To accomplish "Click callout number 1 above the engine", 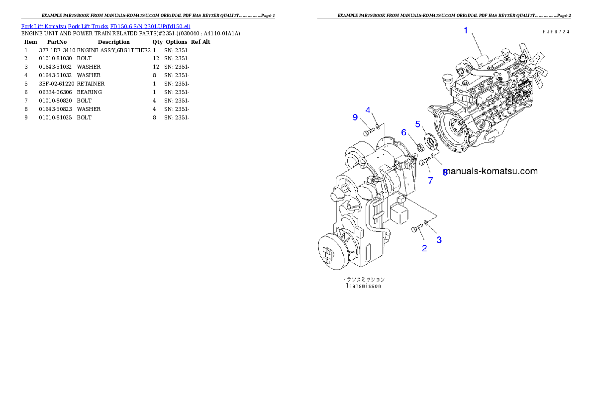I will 466,30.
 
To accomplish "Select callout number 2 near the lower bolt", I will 424,248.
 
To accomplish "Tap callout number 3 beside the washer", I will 439,240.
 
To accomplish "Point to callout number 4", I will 368,109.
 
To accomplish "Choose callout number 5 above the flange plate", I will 418,123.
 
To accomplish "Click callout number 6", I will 404,132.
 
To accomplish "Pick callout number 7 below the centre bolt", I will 430,181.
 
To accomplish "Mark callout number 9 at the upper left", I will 355,117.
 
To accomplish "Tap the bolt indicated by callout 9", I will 368,132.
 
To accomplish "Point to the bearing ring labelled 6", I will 420,147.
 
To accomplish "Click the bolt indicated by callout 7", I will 423,162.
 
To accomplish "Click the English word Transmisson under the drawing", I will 363,286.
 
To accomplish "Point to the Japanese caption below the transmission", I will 363,279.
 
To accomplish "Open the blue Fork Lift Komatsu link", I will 105,26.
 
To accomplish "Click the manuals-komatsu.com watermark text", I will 491,171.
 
